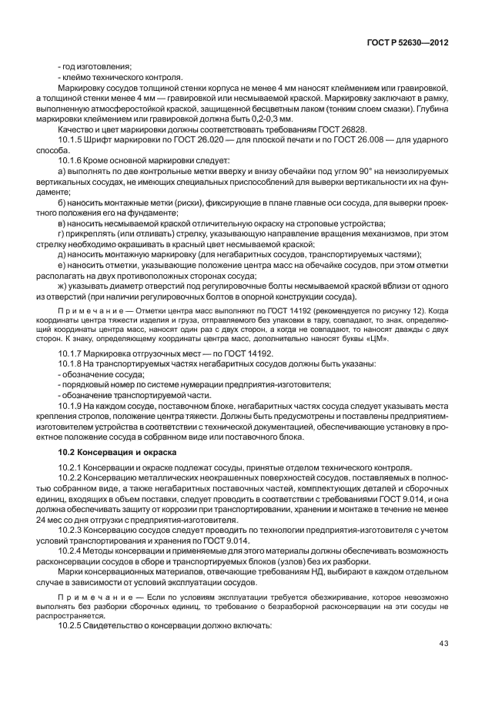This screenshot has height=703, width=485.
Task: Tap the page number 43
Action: [443, 643]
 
